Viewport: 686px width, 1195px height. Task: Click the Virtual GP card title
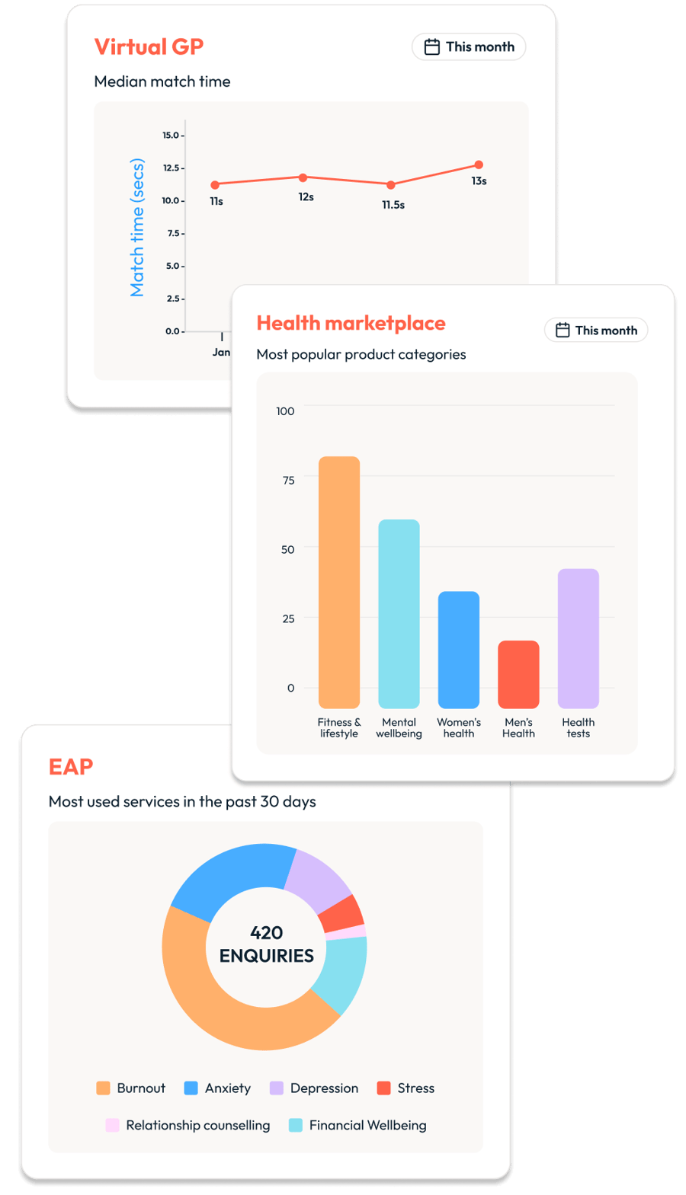coord(149,46)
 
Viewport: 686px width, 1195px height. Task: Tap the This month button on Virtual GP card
coord(469,46)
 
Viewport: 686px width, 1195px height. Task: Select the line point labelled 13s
coord(479,165)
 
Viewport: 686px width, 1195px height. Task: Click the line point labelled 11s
coord(215,184)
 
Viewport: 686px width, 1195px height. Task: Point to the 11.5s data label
coord(393,205)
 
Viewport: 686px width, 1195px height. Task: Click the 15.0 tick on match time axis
coord(171,136)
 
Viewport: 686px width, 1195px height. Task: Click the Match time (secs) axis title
coord(137,227)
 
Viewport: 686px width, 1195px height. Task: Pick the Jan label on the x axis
coord(221,352)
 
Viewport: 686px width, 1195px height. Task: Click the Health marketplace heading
coord(351,323)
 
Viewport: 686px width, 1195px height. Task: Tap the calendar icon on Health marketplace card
coord(563,330)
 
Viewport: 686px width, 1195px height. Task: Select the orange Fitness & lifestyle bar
coord(339,582)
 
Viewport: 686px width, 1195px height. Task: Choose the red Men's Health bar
coord(518,674)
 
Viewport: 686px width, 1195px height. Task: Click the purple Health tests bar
coord(579,638)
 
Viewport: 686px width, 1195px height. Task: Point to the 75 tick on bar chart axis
coord(288,480)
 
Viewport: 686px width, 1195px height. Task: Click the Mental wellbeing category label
coord(399,727)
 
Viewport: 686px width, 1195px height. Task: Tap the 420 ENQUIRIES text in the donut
coord(266,944)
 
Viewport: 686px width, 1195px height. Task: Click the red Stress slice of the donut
coord(343,912)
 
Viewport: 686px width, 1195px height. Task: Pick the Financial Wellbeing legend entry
coord(357,1125)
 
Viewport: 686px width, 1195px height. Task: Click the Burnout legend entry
coord(131,1088)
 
